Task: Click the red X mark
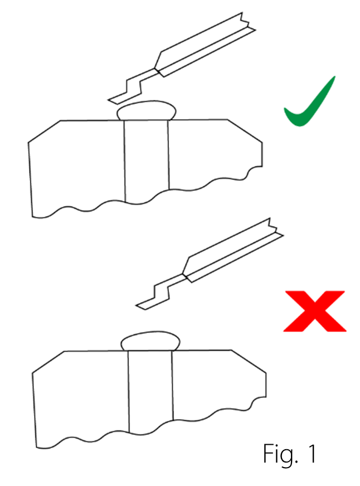[314, 311]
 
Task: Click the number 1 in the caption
[310, 454]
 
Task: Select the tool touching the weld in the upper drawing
[184, 56]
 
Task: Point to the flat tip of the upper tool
[118, 99]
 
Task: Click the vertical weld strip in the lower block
[150, 390]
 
